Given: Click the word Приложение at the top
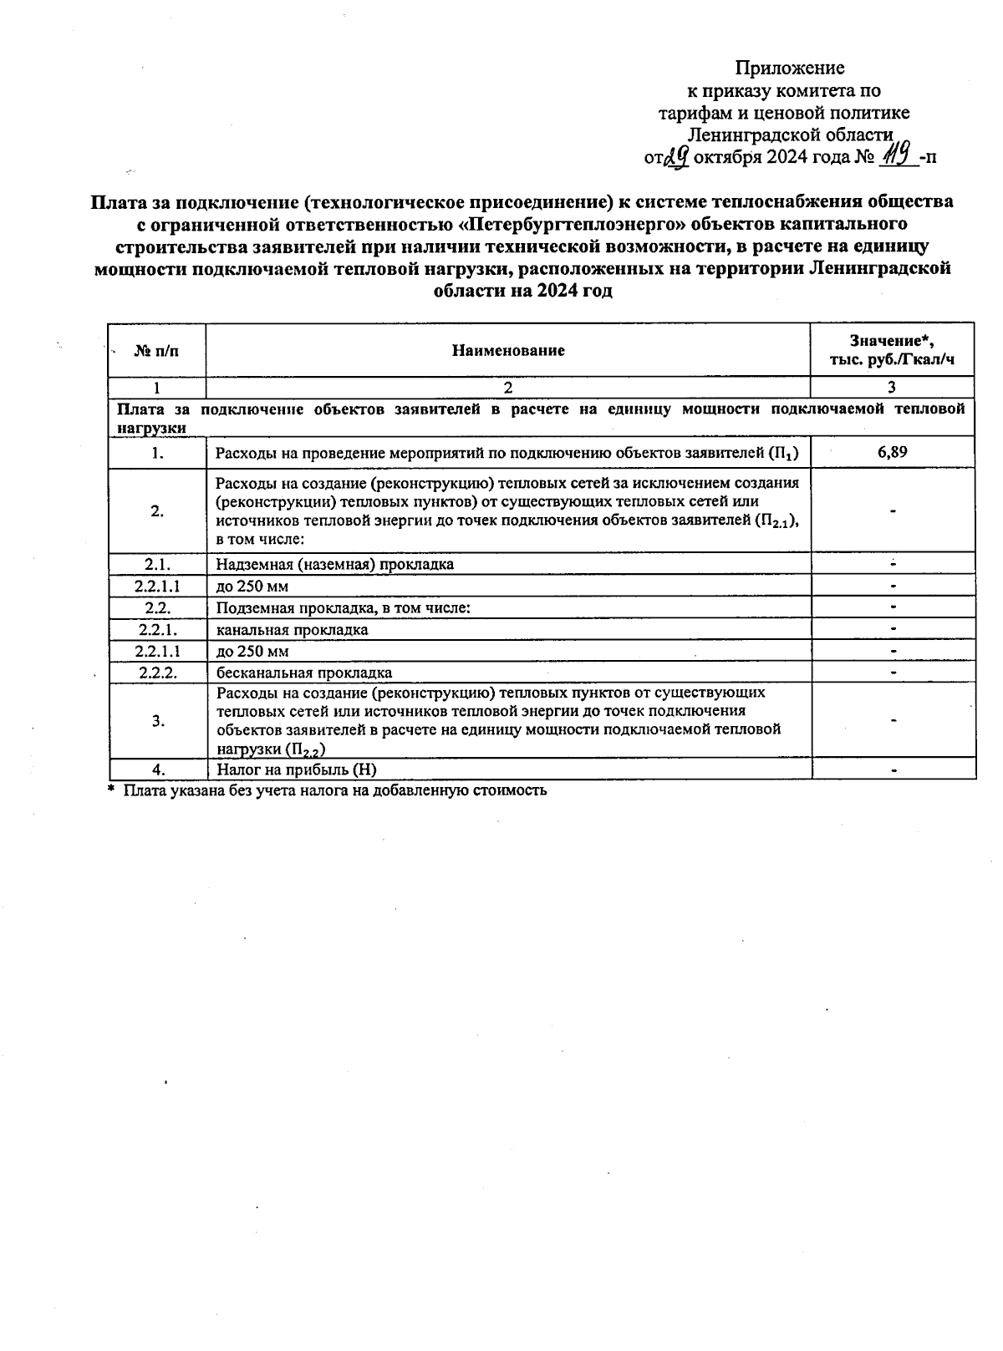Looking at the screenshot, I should pos(790,68).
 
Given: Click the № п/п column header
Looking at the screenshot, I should pos(156,350).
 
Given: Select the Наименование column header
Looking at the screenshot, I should pos(508,350).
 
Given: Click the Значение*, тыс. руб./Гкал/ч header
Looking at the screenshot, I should pos(892,350).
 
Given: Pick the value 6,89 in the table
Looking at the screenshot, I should pos(893,452).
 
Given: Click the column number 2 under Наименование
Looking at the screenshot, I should pos(508,387).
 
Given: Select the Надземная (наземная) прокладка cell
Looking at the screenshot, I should pos(334,564).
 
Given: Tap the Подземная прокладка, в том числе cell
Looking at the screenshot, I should pos(343,607).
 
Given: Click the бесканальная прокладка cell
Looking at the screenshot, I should pos(304,673).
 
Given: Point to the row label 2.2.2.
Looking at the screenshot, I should pos(157,673).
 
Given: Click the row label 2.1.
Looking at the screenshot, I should pos(157,564).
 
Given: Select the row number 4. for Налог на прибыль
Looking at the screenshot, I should pos(157,769).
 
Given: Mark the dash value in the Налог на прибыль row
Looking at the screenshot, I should pos(894,770).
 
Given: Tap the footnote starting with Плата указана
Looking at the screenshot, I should pos(334,790).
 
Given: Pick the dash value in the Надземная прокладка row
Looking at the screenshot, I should pos(894,564).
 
